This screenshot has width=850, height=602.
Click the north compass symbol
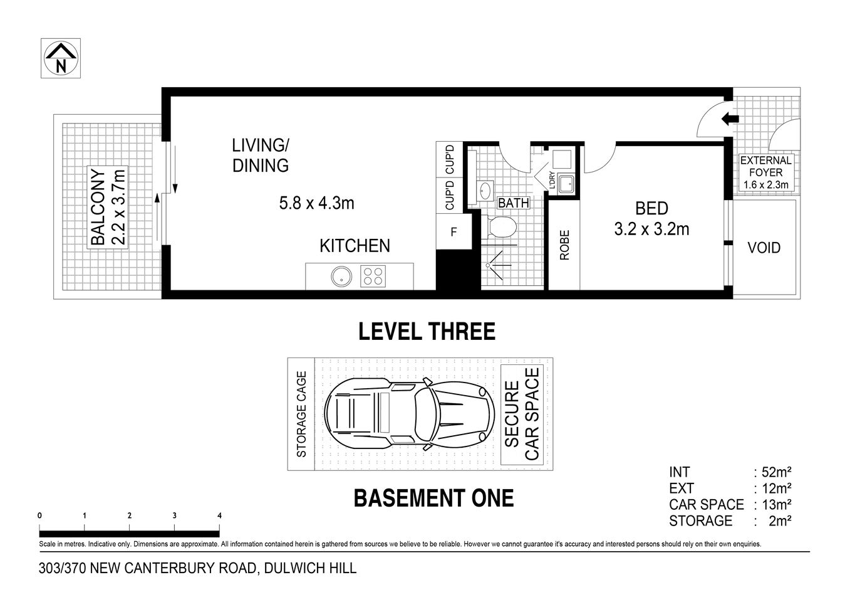tap(61, 58)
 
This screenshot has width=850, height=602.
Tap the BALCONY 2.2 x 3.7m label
tap(108, 206)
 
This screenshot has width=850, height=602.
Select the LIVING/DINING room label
tap(260, 156)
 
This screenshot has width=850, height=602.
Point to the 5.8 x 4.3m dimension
tap(316, 203)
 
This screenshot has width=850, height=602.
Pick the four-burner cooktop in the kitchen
tap(374, 277)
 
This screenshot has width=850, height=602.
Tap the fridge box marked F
tap(454, 232)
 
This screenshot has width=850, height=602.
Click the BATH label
tap(514, 203)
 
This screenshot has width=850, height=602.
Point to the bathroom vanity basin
tap(484, 190)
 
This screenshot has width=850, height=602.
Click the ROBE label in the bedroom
tap(564, 246)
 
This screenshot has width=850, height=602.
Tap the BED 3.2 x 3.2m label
tap(651, 218)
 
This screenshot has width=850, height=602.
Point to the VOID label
tap(764, 248)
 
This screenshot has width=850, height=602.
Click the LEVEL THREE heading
tap(427, 331)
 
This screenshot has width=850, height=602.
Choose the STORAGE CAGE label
tap(301, 415)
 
